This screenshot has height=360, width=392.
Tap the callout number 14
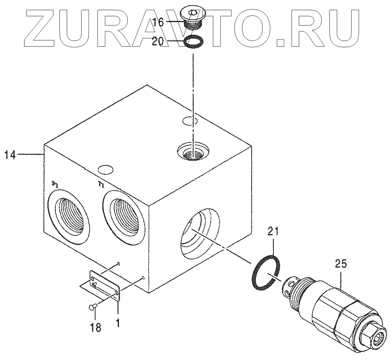(x=11, y=155)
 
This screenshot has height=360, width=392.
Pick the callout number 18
(x=95, y=327)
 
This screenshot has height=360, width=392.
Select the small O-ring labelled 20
(x=194, y=41)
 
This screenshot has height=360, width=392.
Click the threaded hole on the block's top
(x=192, y=152)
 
